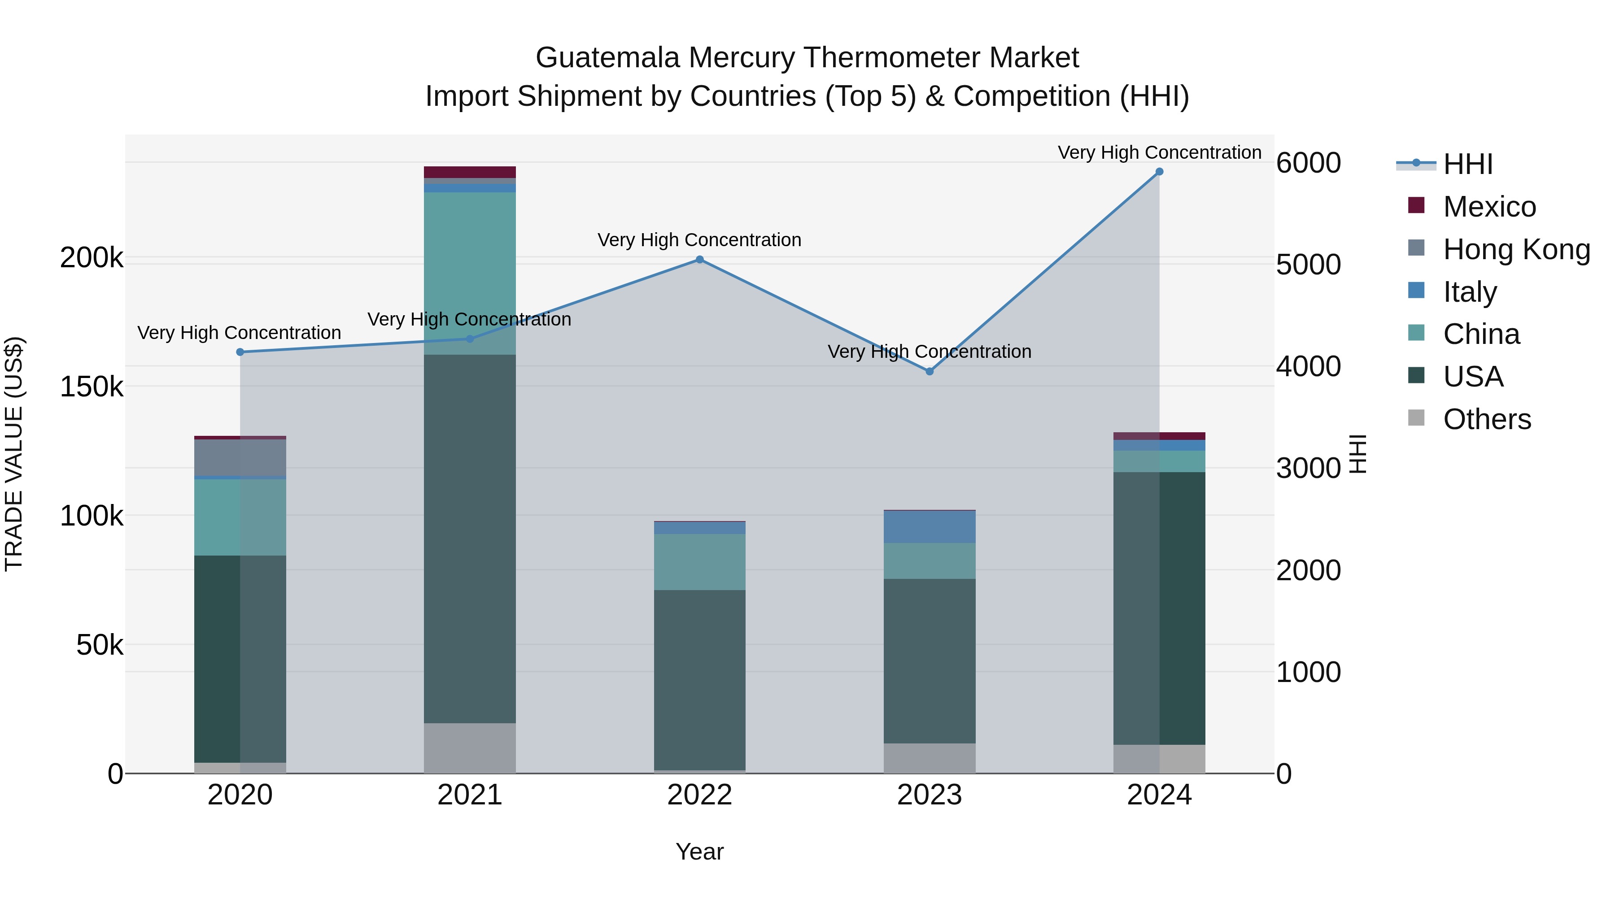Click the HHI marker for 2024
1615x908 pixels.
(x=1159, y=172)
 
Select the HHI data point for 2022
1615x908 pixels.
(x=700, y=260)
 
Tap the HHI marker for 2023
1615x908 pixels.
(x=930, y=372)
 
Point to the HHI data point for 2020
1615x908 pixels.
(x=240, y=352)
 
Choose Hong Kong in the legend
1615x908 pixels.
(x=1516, y=249)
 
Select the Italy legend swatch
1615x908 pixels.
(x=1416, y=291)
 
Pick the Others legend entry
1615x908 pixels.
(x=1487, y=419)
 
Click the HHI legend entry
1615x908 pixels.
(x=1467, y=164)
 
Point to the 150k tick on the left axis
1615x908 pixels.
(x=92, y=387)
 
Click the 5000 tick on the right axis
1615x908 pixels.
(x=1309, y=265)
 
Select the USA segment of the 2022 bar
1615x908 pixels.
(x=700, y=680)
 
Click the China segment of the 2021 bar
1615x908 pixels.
(x=470, y=273)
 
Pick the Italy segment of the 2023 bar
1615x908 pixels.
(x=930, y=527)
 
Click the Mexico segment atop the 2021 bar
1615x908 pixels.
(x=470, y=172)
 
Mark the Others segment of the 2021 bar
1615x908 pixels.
(x=470, y=748)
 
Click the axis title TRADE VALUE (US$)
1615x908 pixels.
(x=14, y=454)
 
